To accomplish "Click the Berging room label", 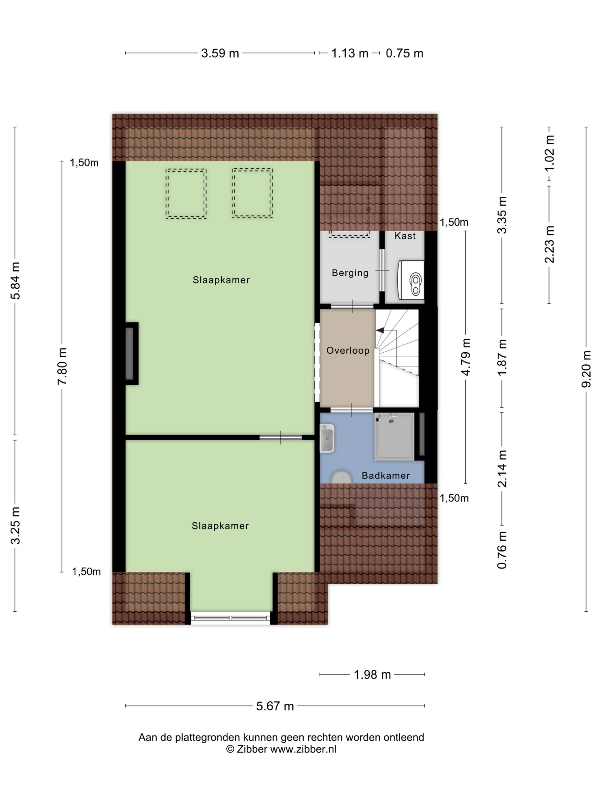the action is [x=350, y=273].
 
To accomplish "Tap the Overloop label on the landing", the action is [x=348, y=350].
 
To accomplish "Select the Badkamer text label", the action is [x=386, y=476].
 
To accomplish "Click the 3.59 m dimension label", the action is [x=220, y=53].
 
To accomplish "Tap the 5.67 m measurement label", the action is [x=275, y=706].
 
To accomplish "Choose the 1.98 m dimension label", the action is [x=372, y=675].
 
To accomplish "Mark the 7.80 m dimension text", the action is [x=62, y=366].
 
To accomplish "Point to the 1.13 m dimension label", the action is [x=350, y=53].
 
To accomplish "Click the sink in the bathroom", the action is [x=327, y=438].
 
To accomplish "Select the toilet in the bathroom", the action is [x=342, y=477].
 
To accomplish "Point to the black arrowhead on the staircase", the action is [x=380, y=330].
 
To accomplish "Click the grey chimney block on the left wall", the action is [x=129, y=354].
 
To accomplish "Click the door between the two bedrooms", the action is [x=281, y=437].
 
